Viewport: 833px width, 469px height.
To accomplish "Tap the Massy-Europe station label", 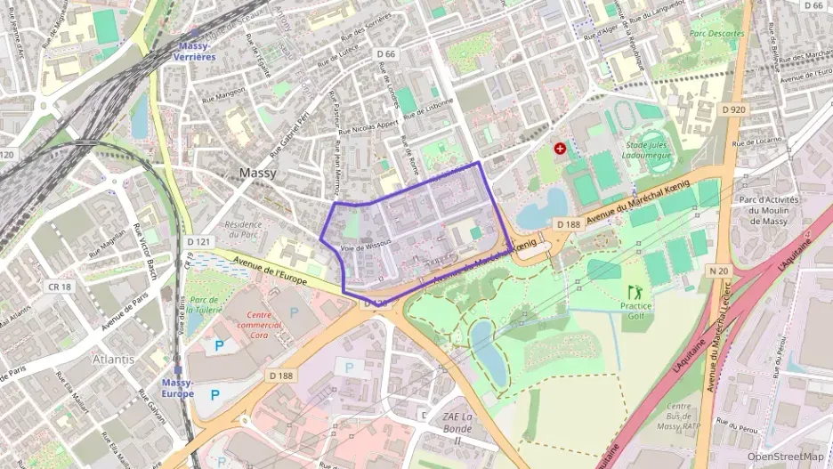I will pos(178,387).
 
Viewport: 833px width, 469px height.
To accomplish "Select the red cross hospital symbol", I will pos(560,149).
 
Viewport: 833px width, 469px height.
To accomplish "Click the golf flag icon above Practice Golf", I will pos(635,292).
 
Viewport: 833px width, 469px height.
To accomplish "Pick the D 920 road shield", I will pos(733,109).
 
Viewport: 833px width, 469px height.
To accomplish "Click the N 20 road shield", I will pos(719,269).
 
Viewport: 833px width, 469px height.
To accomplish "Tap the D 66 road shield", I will pos(386,54).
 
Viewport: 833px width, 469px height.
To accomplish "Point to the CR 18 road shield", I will pos(60,287).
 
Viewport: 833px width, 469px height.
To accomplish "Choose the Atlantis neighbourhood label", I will pos(113,360).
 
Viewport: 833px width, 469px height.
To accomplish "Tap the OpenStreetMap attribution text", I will pos(785,457).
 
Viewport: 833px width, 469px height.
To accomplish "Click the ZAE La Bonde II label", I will pos(457,428).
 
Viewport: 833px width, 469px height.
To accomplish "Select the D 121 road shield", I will pos(199,241).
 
